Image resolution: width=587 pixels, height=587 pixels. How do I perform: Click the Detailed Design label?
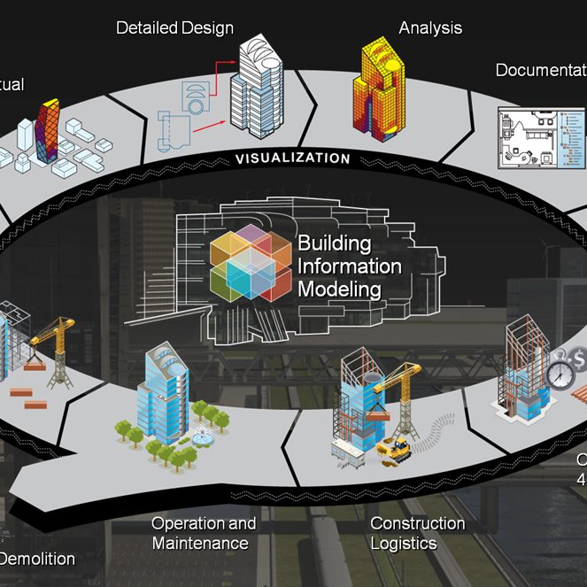coord(175,27)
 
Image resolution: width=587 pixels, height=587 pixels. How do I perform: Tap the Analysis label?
coord(430,27)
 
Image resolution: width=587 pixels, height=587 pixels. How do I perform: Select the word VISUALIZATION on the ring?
coord(292,158)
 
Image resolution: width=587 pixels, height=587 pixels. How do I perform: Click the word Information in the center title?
coord(349,266)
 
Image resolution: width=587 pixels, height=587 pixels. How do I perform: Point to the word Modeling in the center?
coord(339,289)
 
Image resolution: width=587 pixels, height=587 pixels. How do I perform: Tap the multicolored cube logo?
coord(251,262)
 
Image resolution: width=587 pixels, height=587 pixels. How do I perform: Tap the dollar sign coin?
coord(579,359)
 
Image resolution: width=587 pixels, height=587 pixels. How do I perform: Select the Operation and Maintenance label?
coord(204,533)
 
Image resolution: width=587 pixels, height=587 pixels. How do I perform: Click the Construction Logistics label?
coord(417,533)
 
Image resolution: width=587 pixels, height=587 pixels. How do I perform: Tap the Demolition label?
coord(37,559)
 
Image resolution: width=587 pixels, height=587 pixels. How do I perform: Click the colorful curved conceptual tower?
coord(51,136)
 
